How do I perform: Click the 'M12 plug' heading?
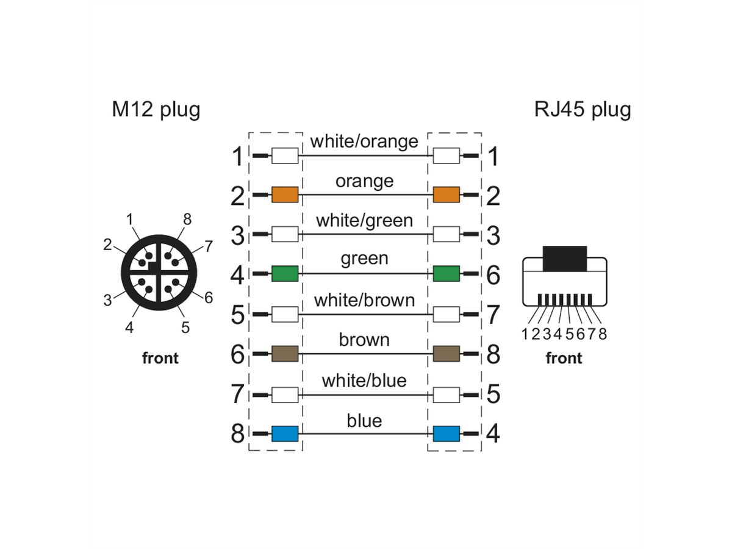pos(156,110)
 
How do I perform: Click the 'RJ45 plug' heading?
pos(582,110)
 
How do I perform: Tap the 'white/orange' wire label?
pos(364,142)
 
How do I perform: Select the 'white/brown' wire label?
pos(364,300)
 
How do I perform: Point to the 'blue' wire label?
pos(364,420)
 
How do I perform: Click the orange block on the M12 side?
pos(284,195)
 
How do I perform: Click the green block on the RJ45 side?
pos(446,274)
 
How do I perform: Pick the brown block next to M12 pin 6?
pos(284,353)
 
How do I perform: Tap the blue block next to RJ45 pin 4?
pos(446,434)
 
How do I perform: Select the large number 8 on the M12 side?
pos(238,434)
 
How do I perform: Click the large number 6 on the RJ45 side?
pos(493,276)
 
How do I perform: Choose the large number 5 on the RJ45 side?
pos(493,395)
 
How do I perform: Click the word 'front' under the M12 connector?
pos(160,358)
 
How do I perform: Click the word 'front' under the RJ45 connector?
pos(564,358)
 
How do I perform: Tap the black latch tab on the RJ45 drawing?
pos(564,258)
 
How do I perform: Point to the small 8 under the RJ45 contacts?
pos(603,334)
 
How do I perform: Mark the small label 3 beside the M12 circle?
pos(107,300)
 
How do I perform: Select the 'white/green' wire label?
pos(364,220)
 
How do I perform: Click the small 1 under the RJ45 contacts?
pos(525,334)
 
